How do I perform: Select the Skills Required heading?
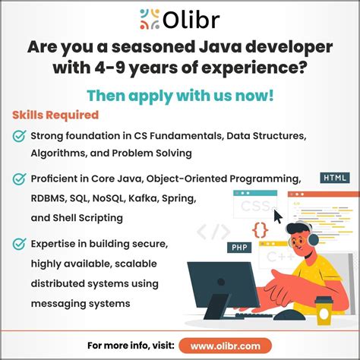click(55, 115)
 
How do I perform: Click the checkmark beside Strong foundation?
click(19, 136)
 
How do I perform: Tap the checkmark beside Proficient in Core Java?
click(19, 179)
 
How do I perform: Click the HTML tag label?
click(334, 178)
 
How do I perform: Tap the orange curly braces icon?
click(260, 228)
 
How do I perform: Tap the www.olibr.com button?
click(230, 346)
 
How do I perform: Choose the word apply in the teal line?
click(147, 96)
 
